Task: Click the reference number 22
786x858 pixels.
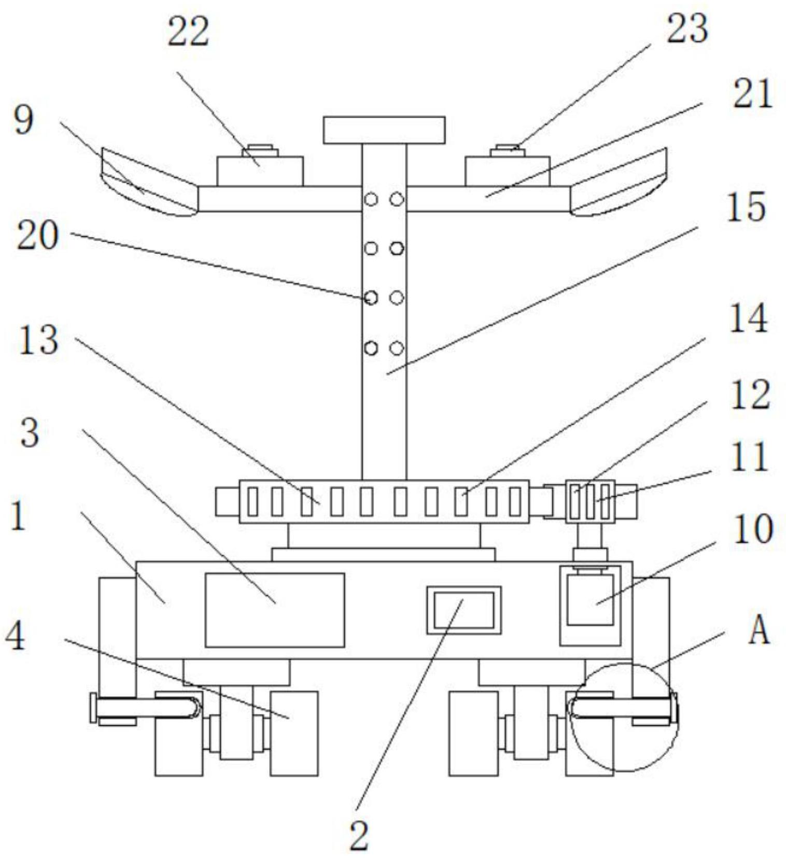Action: pyautogui.click(x=188, y=32)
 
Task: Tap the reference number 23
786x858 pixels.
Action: pyautogui.click(x=687, y=29)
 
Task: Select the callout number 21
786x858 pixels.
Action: pyautogui.click(x=752, y=94)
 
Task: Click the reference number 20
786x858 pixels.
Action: pyautogui.click(x=37, y=236)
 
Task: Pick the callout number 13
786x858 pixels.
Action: pyautogui.click(x=38, y=340)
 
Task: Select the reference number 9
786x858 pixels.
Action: pyautogui.click(x=23, y=119)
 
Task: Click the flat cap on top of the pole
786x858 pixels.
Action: pyautogui.click(x=384, y=130)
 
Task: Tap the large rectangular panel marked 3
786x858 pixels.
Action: pyautogui.click(x=275, y=610)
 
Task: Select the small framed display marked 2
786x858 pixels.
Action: pyautogui.click(x=464, y=610)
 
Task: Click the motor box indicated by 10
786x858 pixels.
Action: pyautogui.click(x=590, y=606)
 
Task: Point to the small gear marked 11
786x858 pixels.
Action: pyautogui.click(x=591, y=501)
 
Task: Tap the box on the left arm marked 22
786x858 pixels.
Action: pyautogui.click(x=260, y=171)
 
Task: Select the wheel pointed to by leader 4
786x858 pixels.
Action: pyautogui.click(x=294, y=733)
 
